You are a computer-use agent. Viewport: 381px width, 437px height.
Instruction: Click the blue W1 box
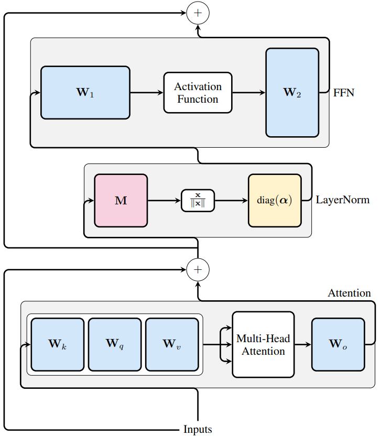click(x=85, y=93)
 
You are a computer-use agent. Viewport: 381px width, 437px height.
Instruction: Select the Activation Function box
click(x=198, y=93)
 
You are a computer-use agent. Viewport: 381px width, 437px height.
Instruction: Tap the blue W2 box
click(x=292, y=93)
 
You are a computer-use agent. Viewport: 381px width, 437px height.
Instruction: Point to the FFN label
click(x=344, y=93)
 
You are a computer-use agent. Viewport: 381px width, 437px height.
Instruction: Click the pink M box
click(x=121, y=201)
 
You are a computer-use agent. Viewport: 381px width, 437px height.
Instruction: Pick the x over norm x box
click(x=198, y=201)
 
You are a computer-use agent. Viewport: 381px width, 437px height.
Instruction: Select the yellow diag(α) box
click(x=275, y=201)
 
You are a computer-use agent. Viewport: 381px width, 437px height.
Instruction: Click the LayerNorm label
click(x=343, y=200)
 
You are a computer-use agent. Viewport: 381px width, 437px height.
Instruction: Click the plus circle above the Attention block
click(x=198, y=269)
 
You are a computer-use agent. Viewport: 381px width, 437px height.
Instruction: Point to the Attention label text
click(x=349, y=293)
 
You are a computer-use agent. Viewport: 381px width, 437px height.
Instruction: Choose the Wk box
click(x=57, y=344)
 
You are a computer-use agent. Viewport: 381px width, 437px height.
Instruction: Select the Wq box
click(x=114, y=344)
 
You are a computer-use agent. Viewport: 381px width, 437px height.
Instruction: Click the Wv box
click(x=171, y=344)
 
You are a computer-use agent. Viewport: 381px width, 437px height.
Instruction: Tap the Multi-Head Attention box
click(x=263, y=344)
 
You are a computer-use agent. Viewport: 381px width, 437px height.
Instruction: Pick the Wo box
click(x=338, y=344)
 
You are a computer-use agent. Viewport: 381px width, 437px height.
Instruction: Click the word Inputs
click(x=198, y=430)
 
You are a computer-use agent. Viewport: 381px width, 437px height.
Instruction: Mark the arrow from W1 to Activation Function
click(x=146, y=93)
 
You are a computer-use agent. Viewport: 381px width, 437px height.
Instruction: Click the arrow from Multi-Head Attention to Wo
click(x=303, y=344)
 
